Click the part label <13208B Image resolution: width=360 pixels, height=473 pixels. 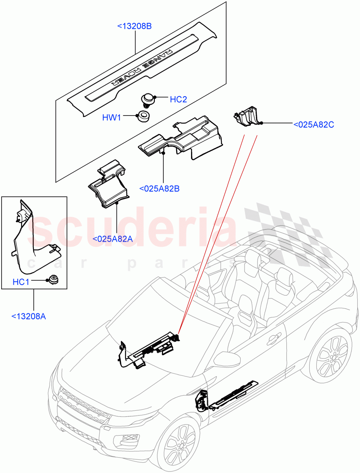pos(135,26)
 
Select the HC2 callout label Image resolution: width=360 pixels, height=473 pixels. pos(178,99)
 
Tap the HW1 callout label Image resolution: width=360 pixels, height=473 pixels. pos(112,117)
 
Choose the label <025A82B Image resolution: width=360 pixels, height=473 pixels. pos(160,189)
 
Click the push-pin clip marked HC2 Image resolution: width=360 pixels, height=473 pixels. pos(148,100)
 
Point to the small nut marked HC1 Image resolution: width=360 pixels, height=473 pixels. pos(52,281)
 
